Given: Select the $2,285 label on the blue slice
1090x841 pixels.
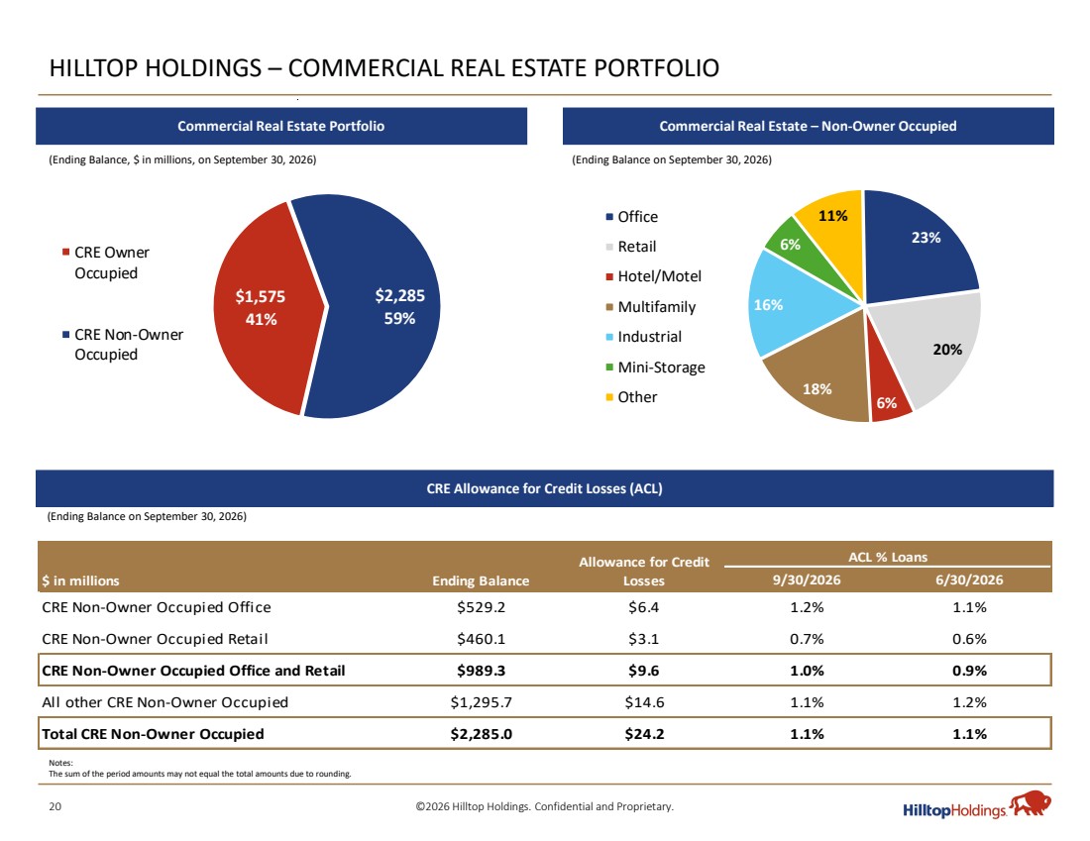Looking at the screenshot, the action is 399,295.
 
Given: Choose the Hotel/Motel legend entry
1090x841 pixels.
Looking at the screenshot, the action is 653,276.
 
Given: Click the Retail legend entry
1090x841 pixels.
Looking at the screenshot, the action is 631,247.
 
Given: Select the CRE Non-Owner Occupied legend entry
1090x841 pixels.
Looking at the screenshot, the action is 123,345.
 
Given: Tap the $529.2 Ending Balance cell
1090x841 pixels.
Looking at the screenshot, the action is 481,607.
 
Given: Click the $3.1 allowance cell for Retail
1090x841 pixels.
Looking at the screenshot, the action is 644,640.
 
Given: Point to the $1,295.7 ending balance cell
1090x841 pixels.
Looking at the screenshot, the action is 481,702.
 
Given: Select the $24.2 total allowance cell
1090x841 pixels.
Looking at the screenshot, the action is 644,735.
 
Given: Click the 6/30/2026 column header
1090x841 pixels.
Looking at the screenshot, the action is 970,580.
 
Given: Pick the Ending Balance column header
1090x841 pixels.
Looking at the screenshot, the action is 481,581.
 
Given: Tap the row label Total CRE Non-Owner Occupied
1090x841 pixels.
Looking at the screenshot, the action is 153,735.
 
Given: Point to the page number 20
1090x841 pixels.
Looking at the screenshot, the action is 54,807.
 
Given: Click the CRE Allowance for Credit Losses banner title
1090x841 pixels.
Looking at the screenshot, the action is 544,488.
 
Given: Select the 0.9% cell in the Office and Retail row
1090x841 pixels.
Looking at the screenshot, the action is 970,672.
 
